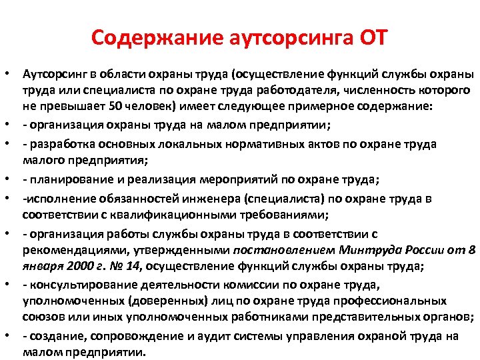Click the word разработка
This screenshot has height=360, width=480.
63,143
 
